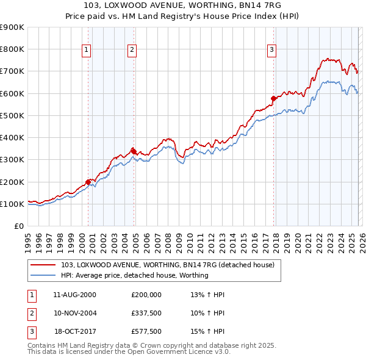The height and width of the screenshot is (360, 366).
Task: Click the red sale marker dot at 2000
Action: click(88, 181)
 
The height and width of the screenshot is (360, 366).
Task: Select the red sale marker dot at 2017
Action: click(273, 98)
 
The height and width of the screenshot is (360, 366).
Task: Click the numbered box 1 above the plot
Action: click(87, 50)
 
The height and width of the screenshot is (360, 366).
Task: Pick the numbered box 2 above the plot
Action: click(132, 50)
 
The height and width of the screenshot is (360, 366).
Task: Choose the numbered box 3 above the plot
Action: click(272, 50)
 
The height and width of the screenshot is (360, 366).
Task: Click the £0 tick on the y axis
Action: click(19, 226)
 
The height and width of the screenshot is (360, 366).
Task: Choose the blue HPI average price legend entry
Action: click(135, 275)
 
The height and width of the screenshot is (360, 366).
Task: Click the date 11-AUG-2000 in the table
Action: click(74, 295)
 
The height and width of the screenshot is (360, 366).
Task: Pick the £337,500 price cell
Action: click(146, 313)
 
